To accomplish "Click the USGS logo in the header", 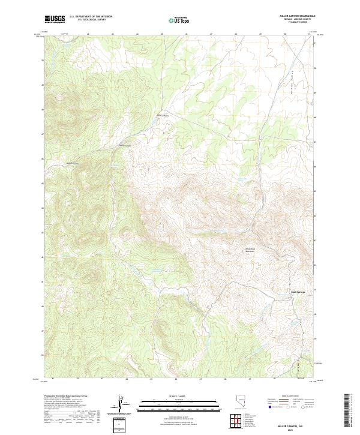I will coord(55,19).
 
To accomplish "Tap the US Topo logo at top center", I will coord(179,20).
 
